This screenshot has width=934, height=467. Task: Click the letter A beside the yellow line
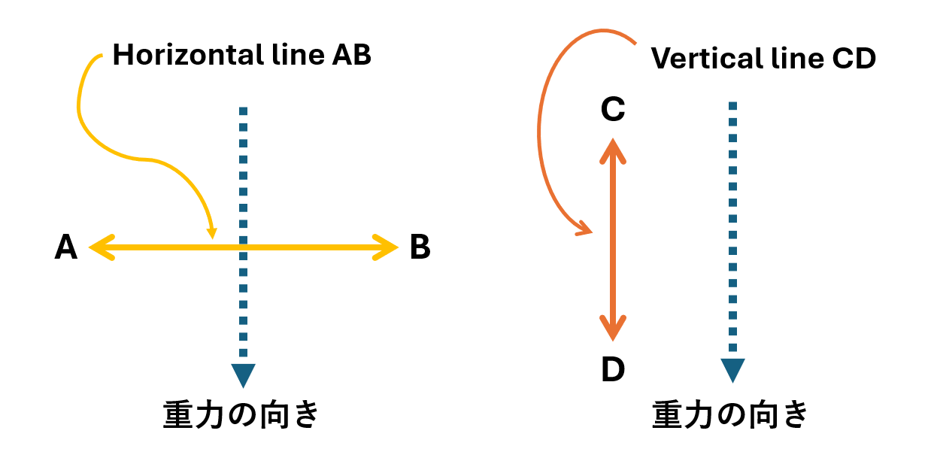(66, 247)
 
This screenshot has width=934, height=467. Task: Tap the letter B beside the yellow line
(420, 247)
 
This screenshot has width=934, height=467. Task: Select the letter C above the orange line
(613, 111)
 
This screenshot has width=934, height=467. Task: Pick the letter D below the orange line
(613, 369)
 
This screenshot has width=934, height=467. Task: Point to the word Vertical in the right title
(702, 59)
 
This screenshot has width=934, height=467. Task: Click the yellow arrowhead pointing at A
(100, 247)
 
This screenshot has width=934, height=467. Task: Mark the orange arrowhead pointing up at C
(613, 150)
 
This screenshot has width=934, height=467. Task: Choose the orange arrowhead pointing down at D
(613, 329)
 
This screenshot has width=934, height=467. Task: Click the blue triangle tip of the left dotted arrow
(243, 375)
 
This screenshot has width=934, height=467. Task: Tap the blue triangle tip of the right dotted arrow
(732, 370)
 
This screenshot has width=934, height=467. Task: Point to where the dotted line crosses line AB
(243, 247)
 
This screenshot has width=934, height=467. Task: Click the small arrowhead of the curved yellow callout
(212, 232)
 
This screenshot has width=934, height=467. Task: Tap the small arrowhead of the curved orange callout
(584, 229)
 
